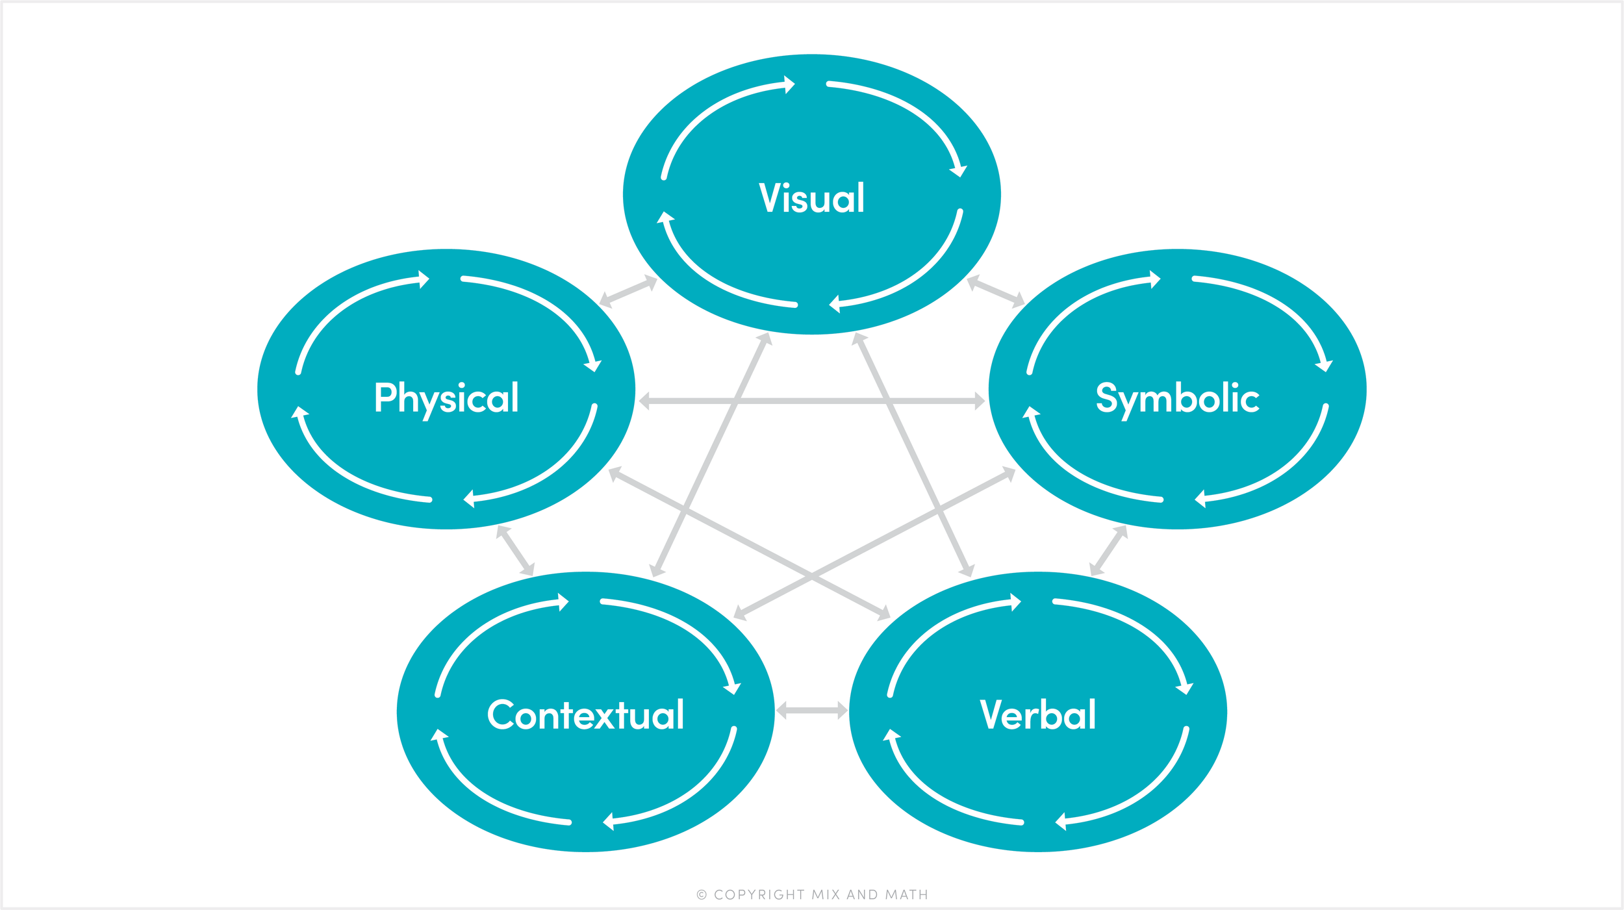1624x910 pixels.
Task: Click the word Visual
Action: [811, 197]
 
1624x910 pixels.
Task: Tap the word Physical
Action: [446, 398]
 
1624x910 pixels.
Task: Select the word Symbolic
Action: [1177, 398]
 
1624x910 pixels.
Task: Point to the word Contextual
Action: [585, 714]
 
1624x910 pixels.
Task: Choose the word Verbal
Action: [1037, 714]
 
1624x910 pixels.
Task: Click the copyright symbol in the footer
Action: [702, 895]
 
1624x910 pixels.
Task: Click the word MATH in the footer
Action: [907, 895]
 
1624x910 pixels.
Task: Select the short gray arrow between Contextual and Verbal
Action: [812, 711]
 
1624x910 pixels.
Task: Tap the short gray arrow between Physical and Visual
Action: [628, 292]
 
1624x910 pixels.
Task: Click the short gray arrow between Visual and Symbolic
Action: [995, 291]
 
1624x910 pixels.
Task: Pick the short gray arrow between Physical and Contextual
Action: [516, 551]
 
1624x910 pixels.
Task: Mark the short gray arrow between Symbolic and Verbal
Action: [1108, 551]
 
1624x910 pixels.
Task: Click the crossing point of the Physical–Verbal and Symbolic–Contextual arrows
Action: [812, 575]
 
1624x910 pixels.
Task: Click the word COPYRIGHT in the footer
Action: [759, 895]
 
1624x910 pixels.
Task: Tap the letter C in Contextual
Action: [501, 714]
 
